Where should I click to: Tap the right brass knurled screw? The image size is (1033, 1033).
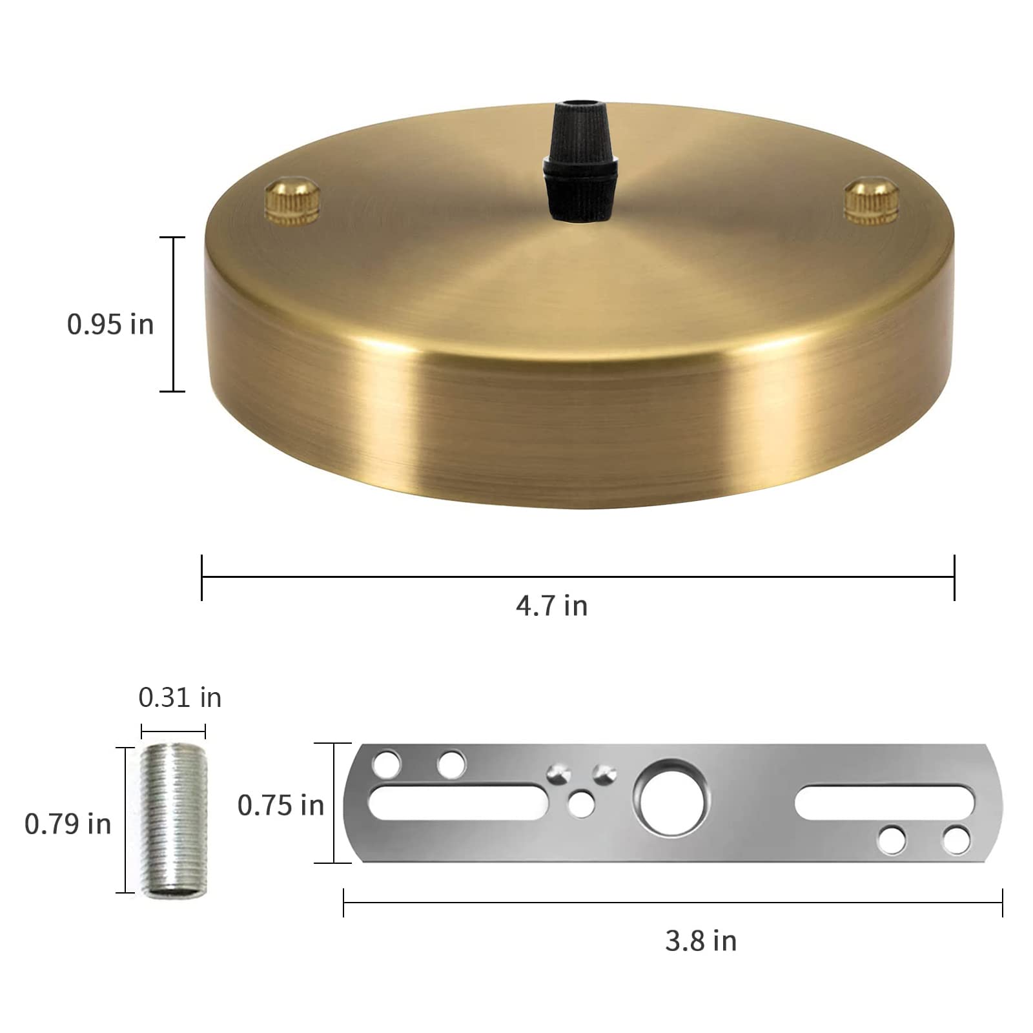pyautogui.click(x=872, y=203)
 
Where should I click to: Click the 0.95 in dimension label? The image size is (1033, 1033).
pyautogui.click(x=110, y=324)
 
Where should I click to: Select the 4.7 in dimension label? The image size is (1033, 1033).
pyautogui.click(x=552, y=606)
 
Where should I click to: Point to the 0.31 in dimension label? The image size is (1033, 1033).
pyautogui.click(x=179, y=698)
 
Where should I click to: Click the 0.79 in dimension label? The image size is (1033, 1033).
pyautogui.click(x=68, y=824)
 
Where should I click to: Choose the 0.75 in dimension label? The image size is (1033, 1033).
pyautogui.click(x=280, y=806)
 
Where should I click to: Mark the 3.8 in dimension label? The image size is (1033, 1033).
pyautogui.click(x=701, y=941)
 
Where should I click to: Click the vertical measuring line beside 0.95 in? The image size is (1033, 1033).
pyautogui.click(x=172, y=314)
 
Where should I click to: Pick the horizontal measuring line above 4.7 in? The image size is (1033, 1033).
pyautogui.click(x=578, y=577)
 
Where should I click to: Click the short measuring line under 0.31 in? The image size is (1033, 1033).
pyautogui.click(x=173, y=731)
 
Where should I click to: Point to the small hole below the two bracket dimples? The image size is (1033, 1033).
pyautogui.click(x=582, y=804)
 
